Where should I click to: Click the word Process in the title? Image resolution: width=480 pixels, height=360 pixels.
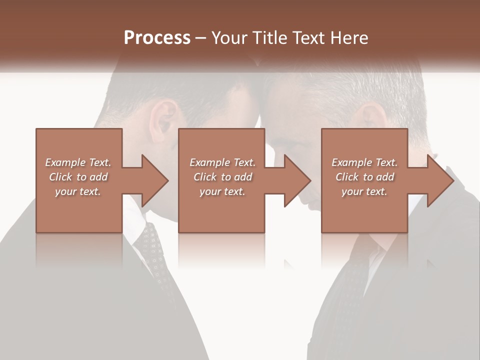[157, 38]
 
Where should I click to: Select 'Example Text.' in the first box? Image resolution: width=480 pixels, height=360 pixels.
[78, 162]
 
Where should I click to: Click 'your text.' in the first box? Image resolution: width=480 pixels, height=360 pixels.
[78, 191]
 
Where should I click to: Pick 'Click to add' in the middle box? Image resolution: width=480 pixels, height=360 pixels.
[222, 177]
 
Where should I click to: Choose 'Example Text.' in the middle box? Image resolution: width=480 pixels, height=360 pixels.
[222, 162]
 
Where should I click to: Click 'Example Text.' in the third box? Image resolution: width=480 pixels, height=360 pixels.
[364, 162]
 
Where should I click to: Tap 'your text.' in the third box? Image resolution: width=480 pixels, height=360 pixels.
[364, 191]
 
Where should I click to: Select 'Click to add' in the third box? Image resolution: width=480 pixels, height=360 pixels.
[364, 177]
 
